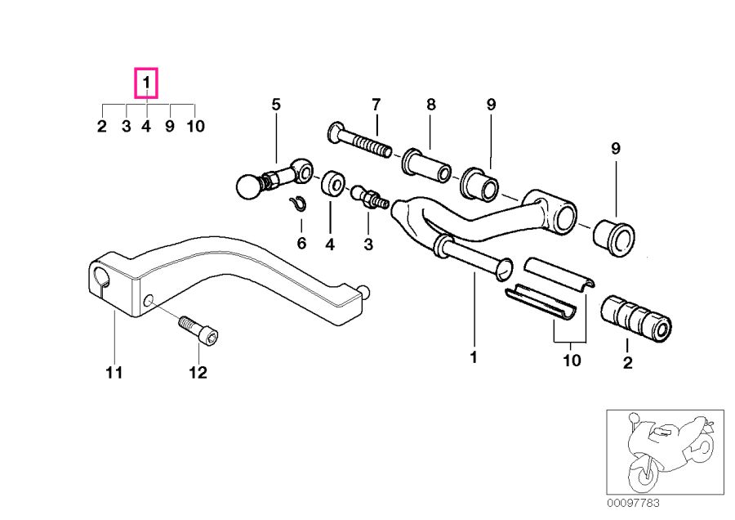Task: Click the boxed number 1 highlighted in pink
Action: (146, 83)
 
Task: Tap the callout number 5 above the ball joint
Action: (276, 104)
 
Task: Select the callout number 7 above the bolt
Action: (376, 104)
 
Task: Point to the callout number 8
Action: (430, 104)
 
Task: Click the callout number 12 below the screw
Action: (198, 373)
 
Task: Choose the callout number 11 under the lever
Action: (114, 373)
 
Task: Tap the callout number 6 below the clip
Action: (301, 243)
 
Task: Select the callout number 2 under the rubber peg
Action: (627, 364)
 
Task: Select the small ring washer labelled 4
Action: (332, 185)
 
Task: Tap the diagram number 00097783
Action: (633, 502)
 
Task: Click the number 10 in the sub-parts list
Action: (195, 127)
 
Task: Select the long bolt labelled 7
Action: (359, 142)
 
